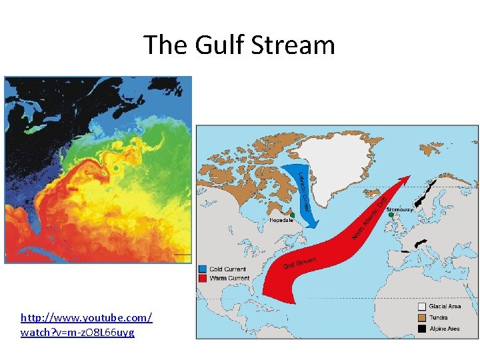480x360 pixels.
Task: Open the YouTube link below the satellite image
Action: coord(87,325)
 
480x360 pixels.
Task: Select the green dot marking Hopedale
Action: coord(292,214)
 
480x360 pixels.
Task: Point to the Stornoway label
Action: coord(400,209)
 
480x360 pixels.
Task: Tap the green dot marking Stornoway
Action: coord(391,215)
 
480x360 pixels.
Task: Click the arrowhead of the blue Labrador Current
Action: coord(311,223)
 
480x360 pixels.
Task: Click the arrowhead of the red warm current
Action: coord(405,180)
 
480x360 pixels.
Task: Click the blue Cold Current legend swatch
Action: coord(203,269)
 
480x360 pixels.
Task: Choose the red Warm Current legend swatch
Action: coord(203,278)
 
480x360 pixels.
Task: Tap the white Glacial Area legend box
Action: coord(421,307)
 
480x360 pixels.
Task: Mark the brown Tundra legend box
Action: coord(421,317)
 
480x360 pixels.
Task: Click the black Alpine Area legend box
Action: coord(421,329)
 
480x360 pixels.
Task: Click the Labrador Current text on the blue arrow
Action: coord(303,191)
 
